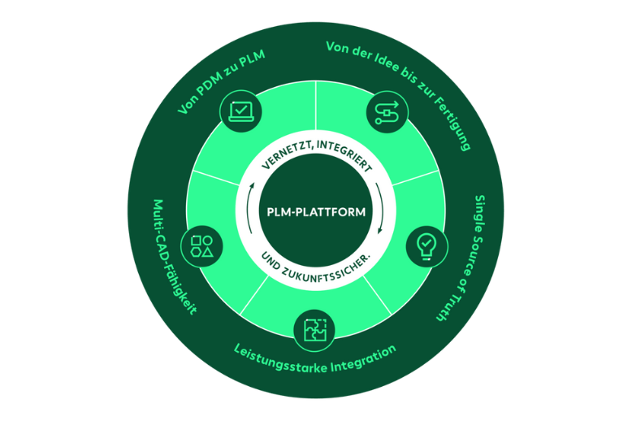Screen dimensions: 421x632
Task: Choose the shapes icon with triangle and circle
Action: click(x=202, y=245)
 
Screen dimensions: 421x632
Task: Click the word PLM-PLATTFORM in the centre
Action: click(x=315, y=212)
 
